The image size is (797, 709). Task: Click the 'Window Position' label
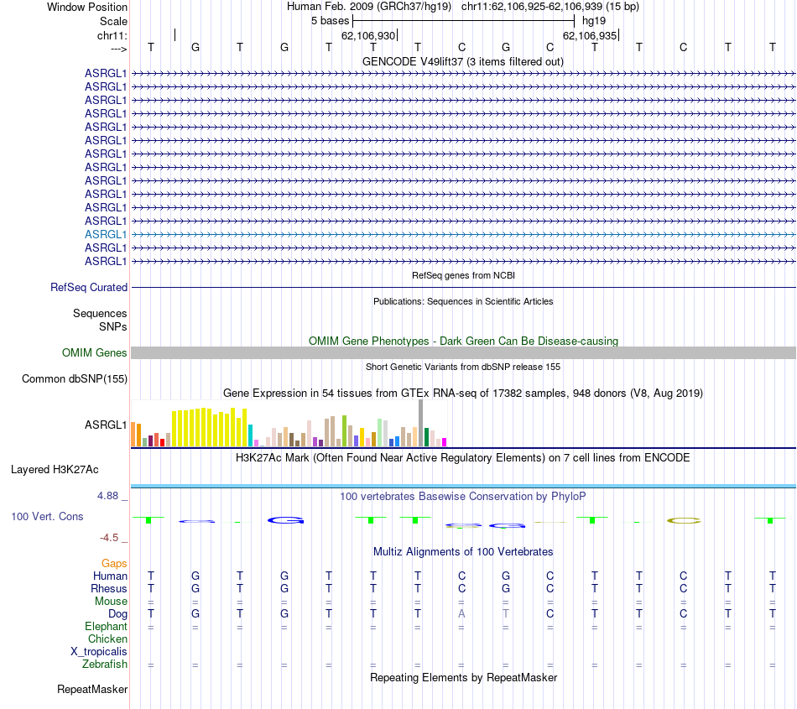87,7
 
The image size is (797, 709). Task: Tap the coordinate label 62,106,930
368,35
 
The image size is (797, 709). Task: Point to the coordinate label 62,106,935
590,35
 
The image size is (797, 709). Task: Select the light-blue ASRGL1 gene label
106,235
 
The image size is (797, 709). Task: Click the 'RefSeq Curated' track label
89,288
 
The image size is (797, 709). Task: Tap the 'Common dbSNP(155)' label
75,379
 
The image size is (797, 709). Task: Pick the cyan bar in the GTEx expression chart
251,435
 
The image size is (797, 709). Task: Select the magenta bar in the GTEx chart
445,441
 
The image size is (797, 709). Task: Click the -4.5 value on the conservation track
111,538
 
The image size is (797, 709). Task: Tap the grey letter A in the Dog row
461,614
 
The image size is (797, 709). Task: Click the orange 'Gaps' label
114,564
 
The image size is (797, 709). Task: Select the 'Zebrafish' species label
105,665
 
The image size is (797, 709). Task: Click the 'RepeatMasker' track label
92,690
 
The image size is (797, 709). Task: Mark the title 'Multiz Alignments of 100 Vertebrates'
463,552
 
